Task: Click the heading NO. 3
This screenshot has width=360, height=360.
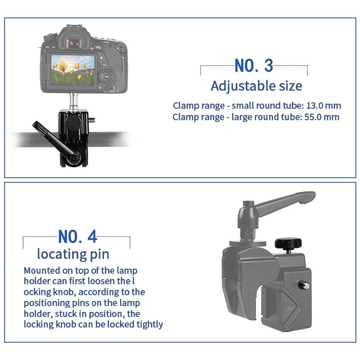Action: (254, 66)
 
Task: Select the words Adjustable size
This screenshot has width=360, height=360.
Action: (256, 85)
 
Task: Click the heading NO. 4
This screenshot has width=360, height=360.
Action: (77, 236)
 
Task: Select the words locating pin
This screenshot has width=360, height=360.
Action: (73, 254)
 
